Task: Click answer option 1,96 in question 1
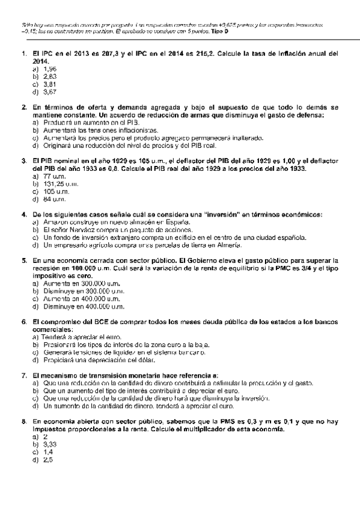[49, 69]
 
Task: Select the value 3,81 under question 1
[49, 85]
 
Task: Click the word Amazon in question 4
[55, 222]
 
